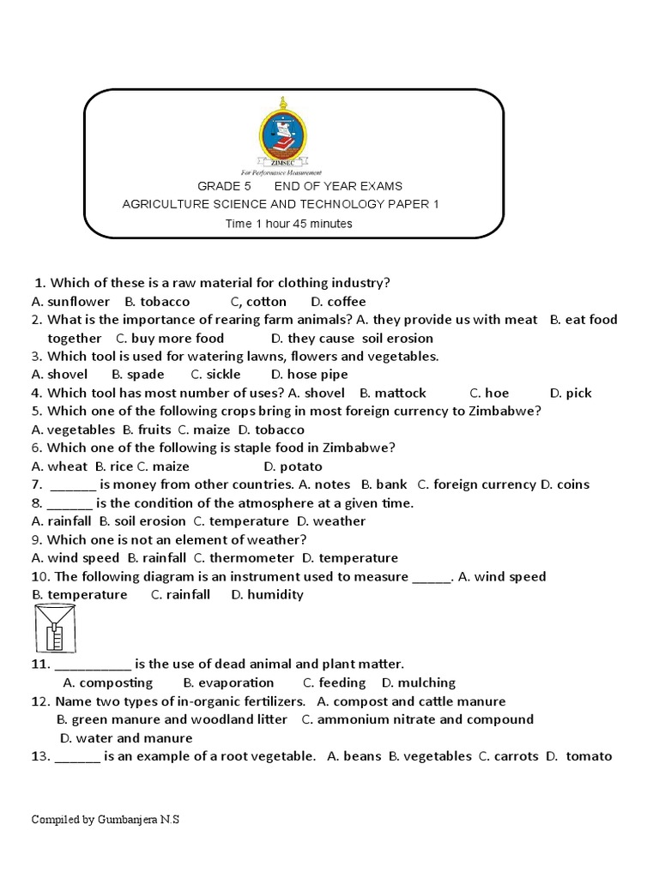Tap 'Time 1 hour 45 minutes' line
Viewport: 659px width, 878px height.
pos(289,224)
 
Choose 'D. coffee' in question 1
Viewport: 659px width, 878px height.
pos(338,302)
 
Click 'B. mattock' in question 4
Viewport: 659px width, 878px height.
pos(393,394)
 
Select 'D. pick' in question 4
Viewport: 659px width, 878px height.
pos(571,394)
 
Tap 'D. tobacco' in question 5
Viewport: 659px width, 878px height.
pos(271,430)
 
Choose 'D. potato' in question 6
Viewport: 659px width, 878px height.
pos(293,467)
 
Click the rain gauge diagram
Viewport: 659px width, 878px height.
pos(51,629)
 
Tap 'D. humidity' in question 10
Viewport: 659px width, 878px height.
pos(267,595)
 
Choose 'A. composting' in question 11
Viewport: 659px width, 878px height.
pos(108,683)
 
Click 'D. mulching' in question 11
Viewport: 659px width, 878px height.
pos(419,683)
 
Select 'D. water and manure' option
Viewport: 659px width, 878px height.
pos(126,738)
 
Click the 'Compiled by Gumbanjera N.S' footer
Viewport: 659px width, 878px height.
pos(106,820)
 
